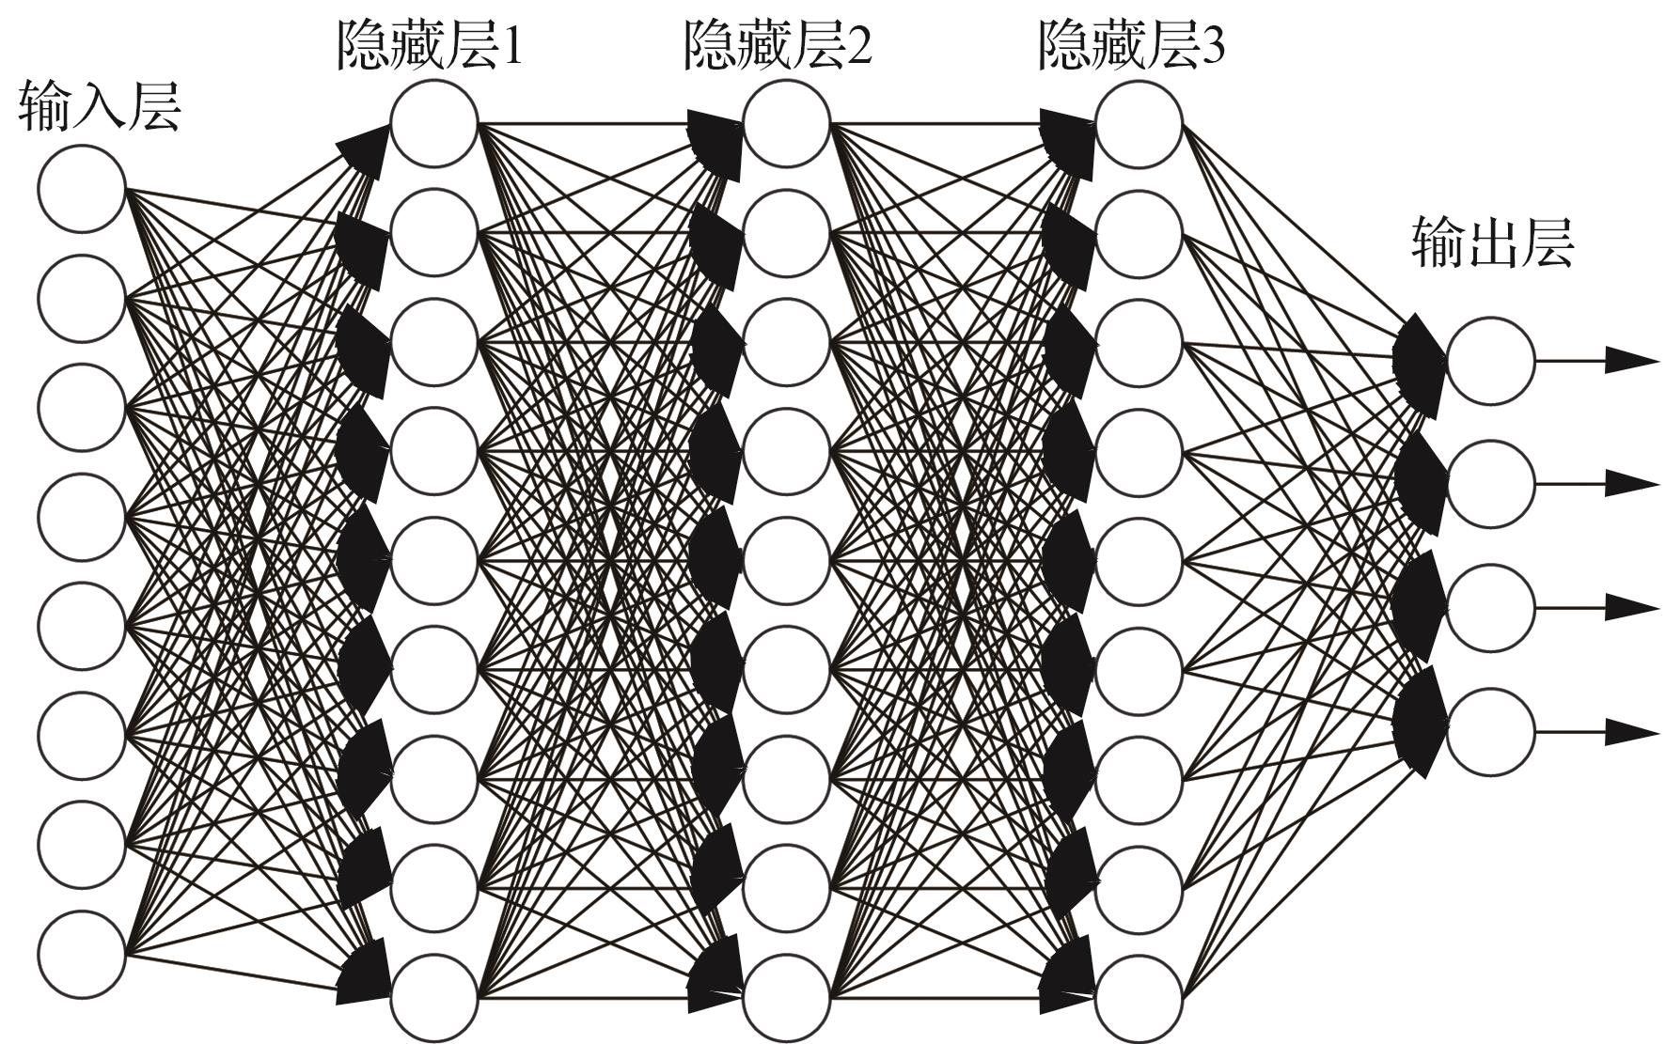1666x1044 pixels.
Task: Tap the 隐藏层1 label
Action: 429,45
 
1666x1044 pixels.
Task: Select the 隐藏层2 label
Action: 778,45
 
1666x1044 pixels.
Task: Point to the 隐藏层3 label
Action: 1132,45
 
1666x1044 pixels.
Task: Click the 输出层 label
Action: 1493,243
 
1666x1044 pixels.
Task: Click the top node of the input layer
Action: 82,188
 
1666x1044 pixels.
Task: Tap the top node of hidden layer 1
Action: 434,123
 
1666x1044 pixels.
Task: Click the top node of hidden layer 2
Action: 787,123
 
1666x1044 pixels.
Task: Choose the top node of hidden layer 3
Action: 1139,123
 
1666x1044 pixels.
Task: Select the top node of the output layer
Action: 1491,360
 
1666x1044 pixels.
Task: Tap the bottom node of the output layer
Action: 1491,732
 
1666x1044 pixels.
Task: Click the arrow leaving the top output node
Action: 1597,360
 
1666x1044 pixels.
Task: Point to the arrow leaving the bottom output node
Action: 1597,732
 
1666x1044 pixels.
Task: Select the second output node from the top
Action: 1491,484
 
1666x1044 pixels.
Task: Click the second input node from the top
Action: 82,298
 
